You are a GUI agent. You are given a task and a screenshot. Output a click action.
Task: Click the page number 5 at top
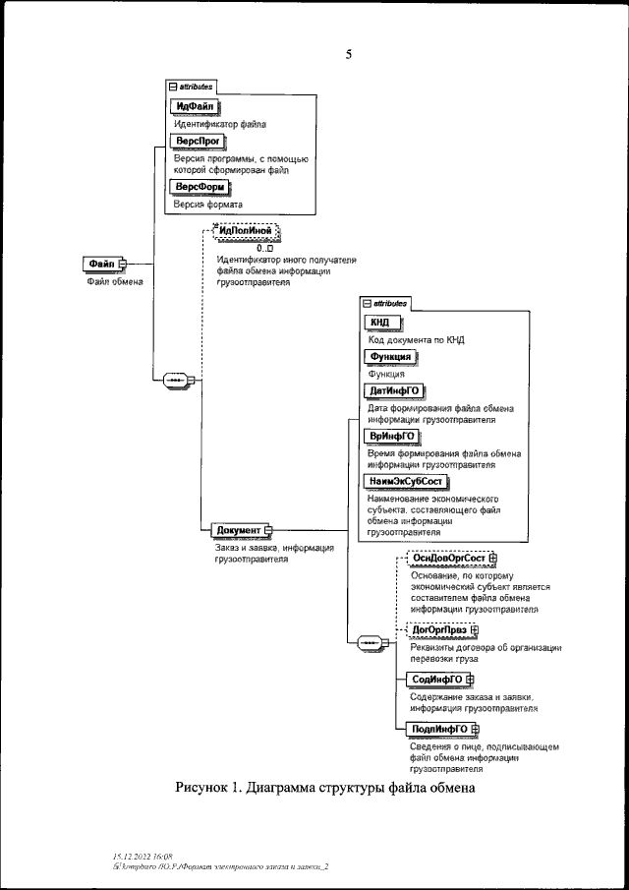pyautogui.click(x=348, y=55)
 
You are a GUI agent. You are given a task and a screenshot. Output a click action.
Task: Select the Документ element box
pyautogui.click(x=238, y=530)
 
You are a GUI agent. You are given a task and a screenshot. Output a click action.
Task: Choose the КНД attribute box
pyautogui.click(x=381, y=322)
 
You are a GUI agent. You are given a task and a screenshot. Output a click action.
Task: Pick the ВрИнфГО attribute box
pyautogui.click(x=389, y=435)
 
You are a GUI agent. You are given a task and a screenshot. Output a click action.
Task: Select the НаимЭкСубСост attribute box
pyautogui.click(x=404, y=480)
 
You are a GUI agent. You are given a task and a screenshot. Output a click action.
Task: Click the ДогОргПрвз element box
pyautogui.click(x=438, y=631)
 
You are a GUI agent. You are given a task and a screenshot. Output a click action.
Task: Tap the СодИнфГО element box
pyautogui.click(x=436, y=679)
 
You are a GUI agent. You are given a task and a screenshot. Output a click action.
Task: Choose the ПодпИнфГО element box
pyautogui.click(x=439, y=729)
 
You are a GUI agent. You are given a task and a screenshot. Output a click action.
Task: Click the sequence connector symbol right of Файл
pyautogui.click(x=174, y=379)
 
